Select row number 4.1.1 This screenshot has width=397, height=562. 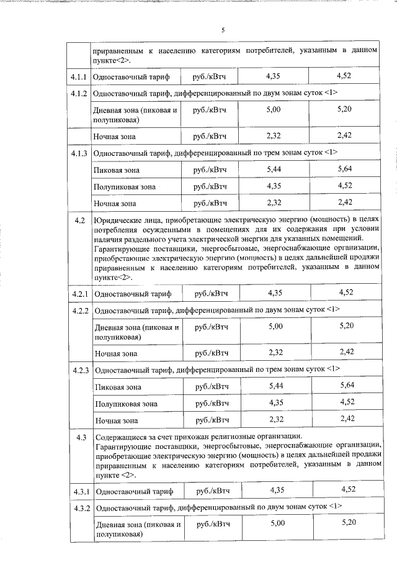pos(78,76)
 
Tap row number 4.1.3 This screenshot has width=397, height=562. pos(78,153)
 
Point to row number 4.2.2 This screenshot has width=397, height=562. pos(79,310)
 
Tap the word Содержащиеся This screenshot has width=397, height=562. pos(125,437)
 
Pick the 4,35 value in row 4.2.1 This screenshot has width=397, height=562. pos(274,291)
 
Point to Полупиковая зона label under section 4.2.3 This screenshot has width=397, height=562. pos(127,404)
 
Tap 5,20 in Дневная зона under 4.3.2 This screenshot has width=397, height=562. pos(350,523)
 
